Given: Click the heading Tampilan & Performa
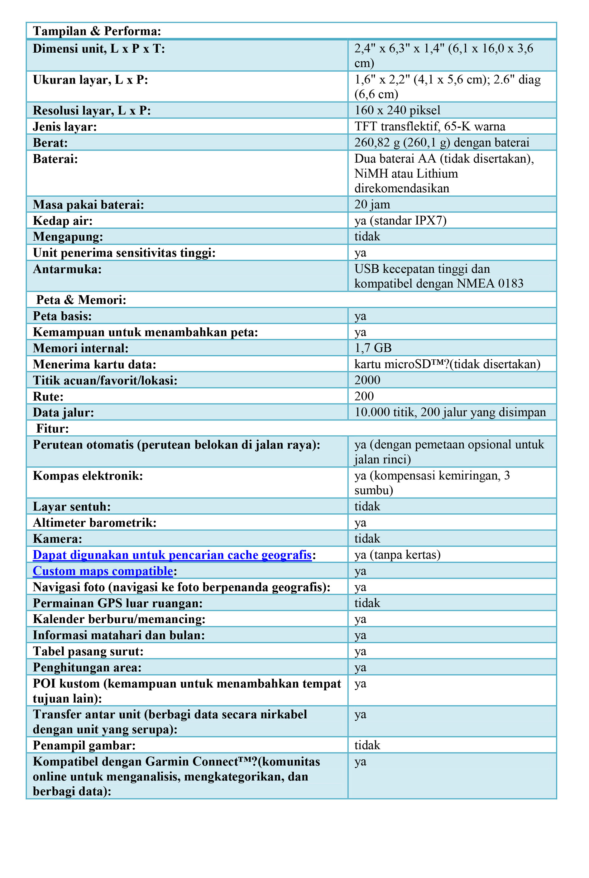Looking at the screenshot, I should point(97,31).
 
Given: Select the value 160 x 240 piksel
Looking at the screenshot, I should point(397,110).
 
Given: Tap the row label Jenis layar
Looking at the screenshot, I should point(65,127).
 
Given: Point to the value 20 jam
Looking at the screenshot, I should point(372,204).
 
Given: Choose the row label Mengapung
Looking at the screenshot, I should point(68,237).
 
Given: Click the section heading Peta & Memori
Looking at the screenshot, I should point(81,300).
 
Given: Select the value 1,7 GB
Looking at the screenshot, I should point(373,348).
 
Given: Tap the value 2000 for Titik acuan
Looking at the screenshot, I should point(367,380).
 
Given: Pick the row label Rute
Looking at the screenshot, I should point(48,396).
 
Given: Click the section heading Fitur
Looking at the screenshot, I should point(52,428).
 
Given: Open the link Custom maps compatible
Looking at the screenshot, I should point(103,571).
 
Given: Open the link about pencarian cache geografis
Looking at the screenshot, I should point(172,554).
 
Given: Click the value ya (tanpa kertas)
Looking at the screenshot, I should point(397,554).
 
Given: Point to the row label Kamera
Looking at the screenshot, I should point(57,539).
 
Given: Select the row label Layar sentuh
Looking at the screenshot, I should point(71,506).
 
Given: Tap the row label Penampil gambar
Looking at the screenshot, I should point(84,745).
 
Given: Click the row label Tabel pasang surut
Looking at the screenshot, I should point(88,651).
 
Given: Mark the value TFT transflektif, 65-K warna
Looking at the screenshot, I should point(429,126).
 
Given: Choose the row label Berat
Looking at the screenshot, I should point(50,143).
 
